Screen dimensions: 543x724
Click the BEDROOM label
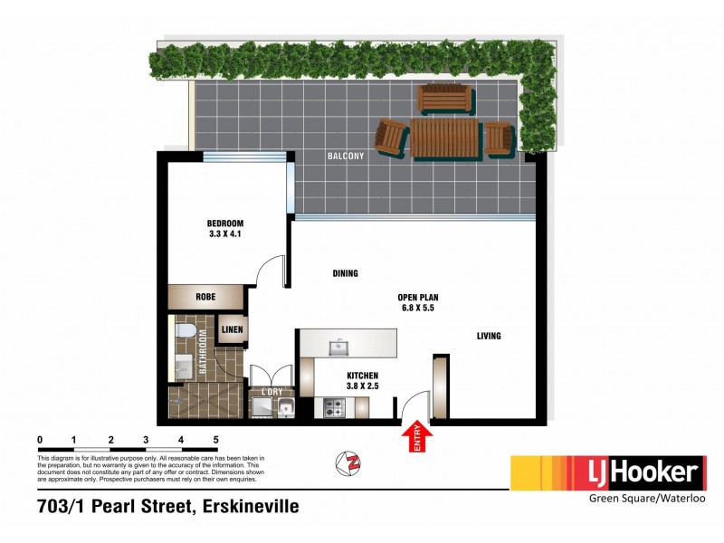(x=225, y=223)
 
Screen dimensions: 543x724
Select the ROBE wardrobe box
(x=205, y=296)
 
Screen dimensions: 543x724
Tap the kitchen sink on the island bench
(x=341, y=345)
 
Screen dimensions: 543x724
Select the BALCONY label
(x=345, y=157)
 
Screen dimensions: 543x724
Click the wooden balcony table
(x=445, y=138)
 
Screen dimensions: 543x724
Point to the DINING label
(x=345, y=272)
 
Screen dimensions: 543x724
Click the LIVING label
(x=489, y=337)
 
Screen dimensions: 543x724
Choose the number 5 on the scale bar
(x=216, y=440)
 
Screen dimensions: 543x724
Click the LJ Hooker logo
(x=607, y=472)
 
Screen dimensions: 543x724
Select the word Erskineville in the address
(x=249, y=506)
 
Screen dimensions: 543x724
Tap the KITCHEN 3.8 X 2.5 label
(x=362, y=381)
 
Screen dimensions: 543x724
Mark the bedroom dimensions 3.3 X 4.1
(x=225, y=233)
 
